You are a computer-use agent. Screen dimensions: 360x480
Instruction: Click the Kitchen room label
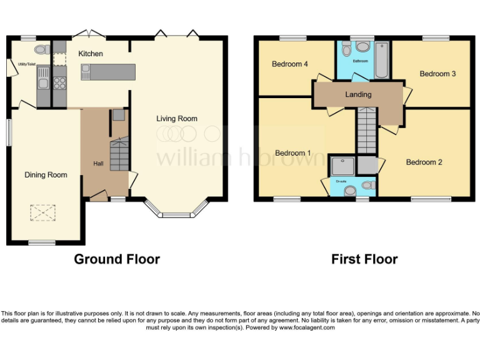pos(91,54)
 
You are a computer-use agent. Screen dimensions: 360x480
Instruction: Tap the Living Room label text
pos(177,118)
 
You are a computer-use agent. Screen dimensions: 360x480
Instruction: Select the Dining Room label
pos(46,175)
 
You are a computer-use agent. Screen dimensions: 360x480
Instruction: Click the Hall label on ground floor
pos(98,164)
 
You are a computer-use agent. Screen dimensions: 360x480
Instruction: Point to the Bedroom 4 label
pos(291,64)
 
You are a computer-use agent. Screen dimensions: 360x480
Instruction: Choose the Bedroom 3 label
pos(437,74)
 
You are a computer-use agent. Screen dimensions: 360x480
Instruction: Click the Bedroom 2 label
pos(424,162)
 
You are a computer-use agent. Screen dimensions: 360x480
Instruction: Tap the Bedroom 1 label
pos(293,153)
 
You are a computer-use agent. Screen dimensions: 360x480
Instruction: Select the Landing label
pos(358,94)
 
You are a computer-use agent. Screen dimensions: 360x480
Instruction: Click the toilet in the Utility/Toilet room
pos(41,49)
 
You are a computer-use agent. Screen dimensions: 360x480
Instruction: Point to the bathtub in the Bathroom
pos(382,60)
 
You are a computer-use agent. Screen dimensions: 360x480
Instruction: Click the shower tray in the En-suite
pos(342,165)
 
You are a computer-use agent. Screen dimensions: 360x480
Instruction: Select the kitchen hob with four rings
pos(59,82)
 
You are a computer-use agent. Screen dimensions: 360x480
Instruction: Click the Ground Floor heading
pos(117,259)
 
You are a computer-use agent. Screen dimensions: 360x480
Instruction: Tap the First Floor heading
pos(364,259)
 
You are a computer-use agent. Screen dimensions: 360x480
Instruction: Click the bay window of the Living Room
pos(176,213)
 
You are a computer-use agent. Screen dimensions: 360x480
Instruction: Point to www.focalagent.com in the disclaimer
pos(306,327)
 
